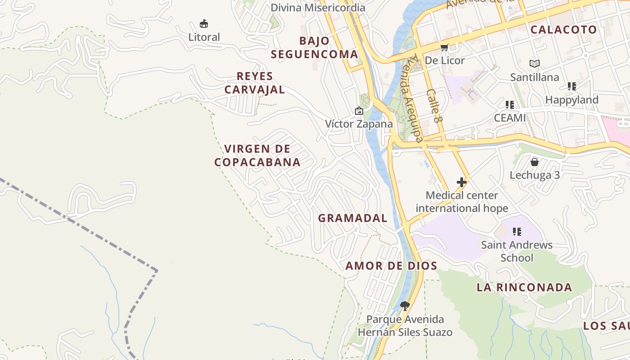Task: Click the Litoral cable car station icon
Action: pyautogui.click(x=204, y=23)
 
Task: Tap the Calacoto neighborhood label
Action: pyautogui.click(x=563, y=30)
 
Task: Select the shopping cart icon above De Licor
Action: pyautogui.click(x=444, y=47)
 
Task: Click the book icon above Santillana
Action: pyautogui.click(x=535, y=64)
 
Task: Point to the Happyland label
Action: pyautogui.click(x=571, y=99)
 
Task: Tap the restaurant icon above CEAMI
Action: pyautogui.click(x=510, y=105)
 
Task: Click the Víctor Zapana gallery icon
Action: pyautogui.click(x=359, y=111)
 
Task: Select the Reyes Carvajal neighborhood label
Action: pyautogui.click(x=255, y=83)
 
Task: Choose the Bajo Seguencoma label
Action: pyautogui.click(x=315, y=47)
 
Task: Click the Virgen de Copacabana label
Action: pyautogui.click(x=257, y=155)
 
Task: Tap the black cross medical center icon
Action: pyautogui.click(x=462, y=182)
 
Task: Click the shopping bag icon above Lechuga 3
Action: pyautogui.click(x=535, y=162)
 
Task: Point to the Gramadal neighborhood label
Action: pyautogui.click(x=353, y=218)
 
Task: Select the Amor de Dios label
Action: pyautogui.click(x=391, y=266)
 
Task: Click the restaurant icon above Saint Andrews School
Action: pyautogui.click(x=517, y=232)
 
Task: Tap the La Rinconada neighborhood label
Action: pyautogui.click(x=524, y=287)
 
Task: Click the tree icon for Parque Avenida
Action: pyautogui.click(x=405, y=306)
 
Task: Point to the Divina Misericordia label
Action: pyautogui.click(x=318, y=8)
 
